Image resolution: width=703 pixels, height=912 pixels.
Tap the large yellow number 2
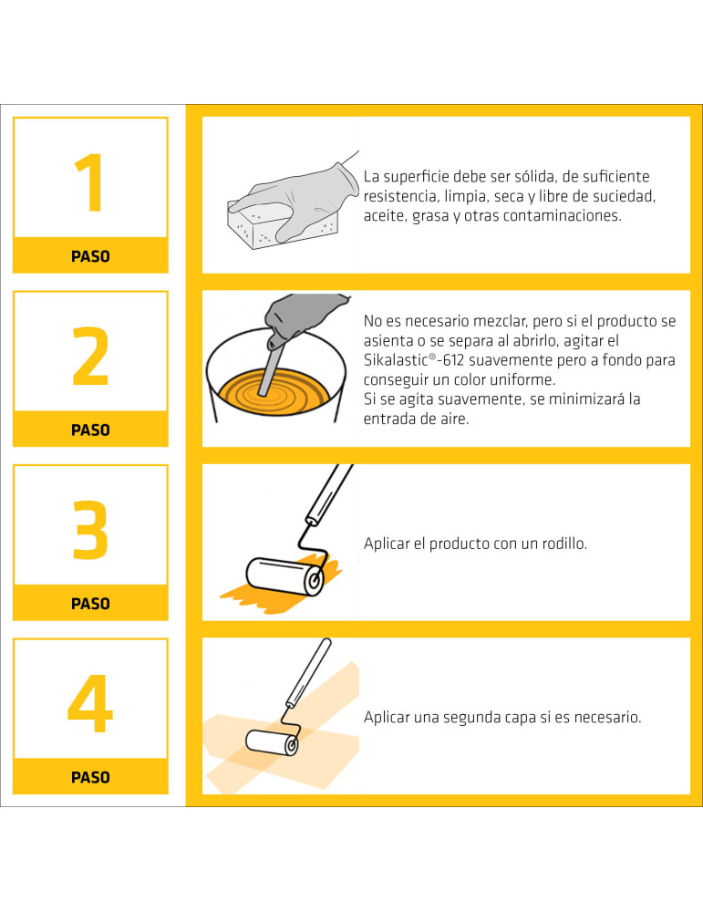90,357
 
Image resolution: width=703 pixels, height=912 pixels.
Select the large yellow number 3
90,531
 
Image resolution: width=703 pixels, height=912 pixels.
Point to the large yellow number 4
90,704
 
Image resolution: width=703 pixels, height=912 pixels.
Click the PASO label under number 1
90,256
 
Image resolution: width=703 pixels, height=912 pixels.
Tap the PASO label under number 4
90,777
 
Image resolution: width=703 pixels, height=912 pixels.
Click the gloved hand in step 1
301,196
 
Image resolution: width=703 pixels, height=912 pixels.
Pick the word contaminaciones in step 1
559,216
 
